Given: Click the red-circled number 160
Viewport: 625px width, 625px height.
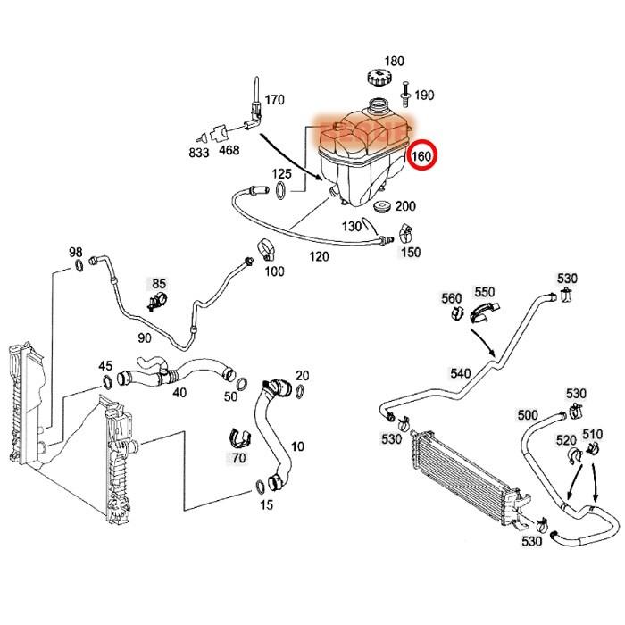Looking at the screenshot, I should pos(421,158).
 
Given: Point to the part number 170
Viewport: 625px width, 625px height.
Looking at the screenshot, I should pos(274,99).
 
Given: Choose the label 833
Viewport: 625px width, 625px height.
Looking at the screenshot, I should pos(199,153).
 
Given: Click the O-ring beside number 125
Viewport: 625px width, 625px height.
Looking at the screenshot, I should pos(282,189).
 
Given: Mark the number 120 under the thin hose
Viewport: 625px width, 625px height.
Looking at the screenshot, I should pos(319,256).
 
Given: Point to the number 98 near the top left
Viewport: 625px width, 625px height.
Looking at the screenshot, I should pos(76,252).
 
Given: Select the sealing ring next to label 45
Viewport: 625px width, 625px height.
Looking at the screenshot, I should pos(108,381).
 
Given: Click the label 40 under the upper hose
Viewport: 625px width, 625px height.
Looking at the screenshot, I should pos(179,392).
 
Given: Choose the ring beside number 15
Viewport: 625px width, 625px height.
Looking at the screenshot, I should pos(260,487).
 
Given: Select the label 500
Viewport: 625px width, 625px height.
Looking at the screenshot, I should pos(528,415).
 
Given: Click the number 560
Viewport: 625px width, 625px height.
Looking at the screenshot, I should pos(452,297).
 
